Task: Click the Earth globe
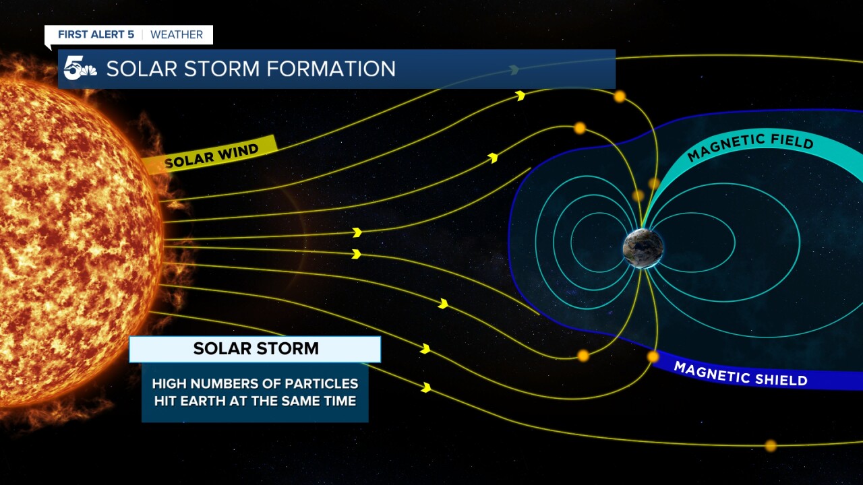pos(643,248)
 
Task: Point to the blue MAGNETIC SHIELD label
pos(740,374)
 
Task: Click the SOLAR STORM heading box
pos(255,349)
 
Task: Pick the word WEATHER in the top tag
pos(177,34)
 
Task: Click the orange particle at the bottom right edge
pos(771,445)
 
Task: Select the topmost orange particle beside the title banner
pos(620,96)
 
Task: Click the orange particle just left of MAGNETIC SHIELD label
pos(653,356)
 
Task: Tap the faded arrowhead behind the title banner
pos(514,70)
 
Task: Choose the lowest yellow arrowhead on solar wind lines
pos(426,387)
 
